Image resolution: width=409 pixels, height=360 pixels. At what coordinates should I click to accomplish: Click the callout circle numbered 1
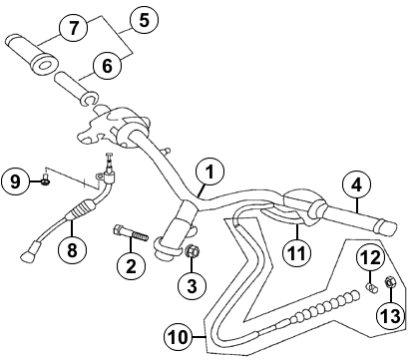[x=209, y=173]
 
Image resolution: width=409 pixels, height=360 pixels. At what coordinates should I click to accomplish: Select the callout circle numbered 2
[x=131, y=266]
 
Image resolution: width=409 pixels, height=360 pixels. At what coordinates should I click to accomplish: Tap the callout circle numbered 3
[x=193, y=286]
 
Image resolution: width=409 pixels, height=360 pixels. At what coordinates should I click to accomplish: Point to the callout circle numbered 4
[x=356, y=184]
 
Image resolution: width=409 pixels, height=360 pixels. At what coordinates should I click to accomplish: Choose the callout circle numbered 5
[x=144, y=20]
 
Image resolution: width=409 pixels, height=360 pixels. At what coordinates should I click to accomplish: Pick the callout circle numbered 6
[x=107, y=66]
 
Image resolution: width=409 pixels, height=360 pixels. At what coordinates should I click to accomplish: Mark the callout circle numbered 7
[x=74, y=28]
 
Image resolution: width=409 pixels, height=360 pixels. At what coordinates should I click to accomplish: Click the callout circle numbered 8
[x=72, y=249]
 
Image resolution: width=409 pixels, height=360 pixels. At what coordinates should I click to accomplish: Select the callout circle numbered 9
[x=16, y=181]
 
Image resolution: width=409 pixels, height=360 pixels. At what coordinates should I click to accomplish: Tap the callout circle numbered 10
[x=179, y=337]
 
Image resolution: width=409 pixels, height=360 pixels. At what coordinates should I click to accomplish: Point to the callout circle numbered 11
[x=296, y=253]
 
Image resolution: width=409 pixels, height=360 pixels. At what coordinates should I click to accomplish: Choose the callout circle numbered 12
[x=371, y=257]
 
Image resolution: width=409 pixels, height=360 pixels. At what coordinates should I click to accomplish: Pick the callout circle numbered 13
[x=391, y=315]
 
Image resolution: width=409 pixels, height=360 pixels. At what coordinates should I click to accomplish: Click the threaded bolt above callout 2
[x=131, y=233]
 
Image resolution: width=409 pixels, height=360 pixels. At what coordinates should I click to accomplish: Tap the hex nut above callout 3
[x=192, y=250]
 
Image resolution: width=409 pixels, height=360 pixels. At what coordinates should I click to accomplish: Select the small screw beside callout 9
[x=46, y=179]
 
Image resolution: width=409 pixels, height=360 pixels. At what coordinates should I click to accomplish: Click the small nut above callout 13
[x=390, y=282]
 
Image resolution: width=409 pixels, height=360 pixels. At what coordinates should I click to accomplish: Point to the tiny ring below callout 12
[x=372, y=288]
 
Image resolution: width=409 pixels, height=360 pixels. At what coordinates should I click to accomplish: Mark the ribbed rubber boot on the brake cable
[x=83, y=209]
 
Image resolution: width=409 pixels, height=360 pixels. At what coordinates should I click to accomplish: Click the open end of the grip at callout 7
[x=44, y=65]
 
